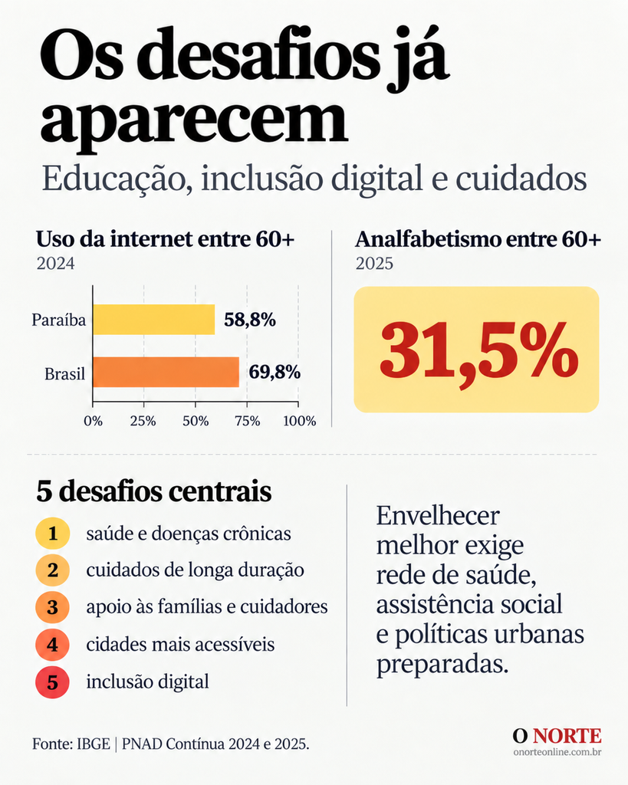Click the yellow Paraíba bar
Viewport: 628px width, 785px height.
[x=154, y=320]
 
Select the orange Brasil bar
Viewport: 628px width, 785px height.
[x=166, y=372]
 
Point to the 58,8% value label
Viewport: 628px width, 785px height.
[x=250, y=320]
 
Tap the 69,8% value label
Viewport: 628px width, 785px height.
[x=275, y=373]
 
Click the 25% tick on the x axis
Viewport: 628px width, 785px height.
[x=143, y=421]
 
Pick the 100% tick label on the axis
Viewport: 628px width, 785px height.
[x=300, y=421]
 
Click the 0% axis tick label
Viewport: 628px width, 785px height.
[x=93, y=421]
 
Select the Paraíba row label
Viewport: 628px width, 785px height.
[x=59, y=320]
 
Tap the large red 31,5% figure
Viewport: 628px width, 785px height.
[x=478, y=350]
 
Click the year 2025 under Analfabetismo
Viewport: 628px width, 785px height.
[x=375, y=264]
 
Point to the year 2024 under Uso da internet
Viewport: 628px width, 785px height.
[x=55, y=264]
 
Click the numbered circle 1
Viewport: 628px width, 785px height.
[x=53, y=534]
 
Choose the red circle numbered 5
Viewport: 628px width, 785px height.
[x=53, y=682]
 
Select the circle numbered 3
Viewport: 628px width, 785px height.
[x=53, y=607]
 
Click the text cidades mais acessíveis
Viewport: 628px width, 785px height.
[x=180, y=644]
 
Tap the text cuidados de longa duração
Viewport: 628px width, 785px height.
[x=195, y=570]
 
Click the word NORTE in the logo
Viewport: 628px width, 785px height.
[x=567, y=736]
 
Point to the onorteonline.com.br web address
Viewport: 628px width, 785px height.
[x=557, y=752]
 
